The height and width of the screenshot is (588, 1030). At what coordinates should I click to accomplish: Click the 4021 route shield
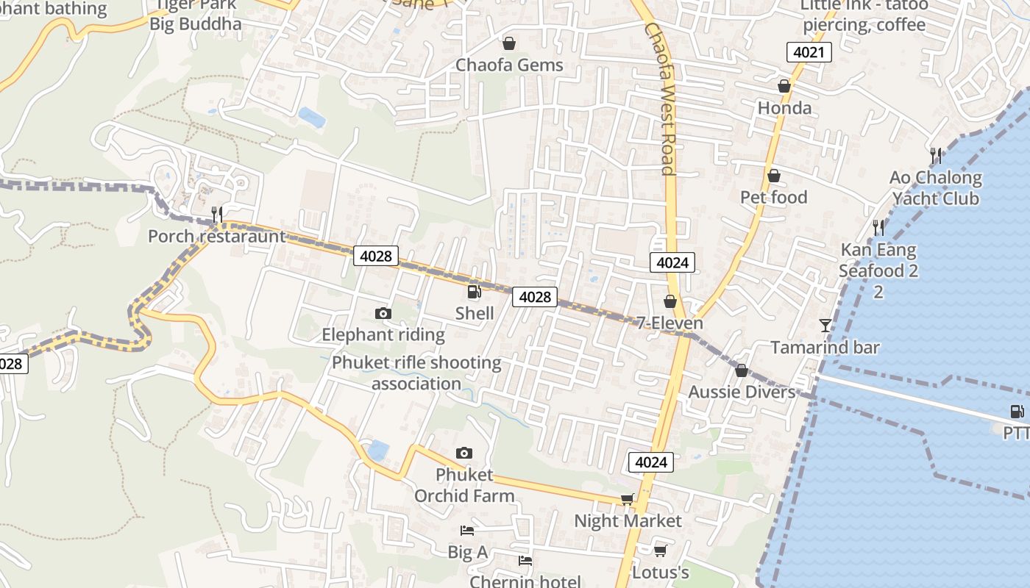809,52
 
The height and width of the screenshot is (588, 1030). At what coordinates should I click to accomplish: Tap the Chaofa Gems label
509,65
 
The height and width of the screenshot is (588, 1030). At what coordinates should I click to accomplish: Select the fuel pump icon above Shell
475,292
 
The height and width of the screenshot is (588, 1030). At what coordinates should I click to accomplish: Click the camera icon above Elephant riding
383,314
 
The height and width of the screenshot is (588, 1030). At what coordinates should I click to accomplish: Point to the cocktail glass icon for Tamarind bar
825,325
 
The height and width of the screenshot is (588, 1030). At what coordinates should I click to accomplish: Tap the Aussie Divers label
742,392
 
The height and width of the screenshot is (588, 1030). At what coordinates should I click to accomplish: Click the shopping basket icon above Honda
784,87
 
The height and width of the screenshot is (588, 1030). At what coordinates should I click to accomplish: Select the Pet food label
773,197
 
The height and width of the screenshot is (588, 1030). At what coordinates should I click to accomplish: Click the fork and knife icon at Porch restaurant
216,214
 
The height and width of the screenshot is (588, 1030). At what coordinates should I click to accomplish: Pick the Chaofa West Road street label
659,99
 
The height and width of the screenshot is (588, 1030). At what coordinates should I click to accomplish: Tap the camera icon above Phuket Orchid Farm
464,453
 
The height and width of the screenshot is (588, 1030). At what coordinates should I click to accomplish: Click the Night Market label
628,521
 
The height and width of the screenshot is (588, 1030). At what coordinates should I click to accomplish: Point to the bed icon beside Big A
466,530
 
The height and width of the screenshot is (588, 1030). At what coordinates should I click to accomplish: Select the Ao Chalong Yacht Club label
935,188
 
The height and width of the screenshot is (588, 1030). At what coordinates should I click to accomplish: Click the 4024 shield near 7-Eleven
672,262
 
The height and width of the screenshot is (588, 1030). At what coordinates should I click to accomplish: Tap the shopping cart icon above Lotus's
660,551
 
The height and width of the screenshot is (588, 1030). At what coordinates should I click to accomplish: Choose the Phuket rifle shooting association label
416,373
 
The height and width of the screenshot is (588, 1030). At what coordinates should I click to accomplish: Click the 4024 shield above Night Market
651,462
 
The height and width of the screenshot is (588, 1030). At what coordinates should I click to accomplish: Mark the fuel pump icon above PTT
1017,412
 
